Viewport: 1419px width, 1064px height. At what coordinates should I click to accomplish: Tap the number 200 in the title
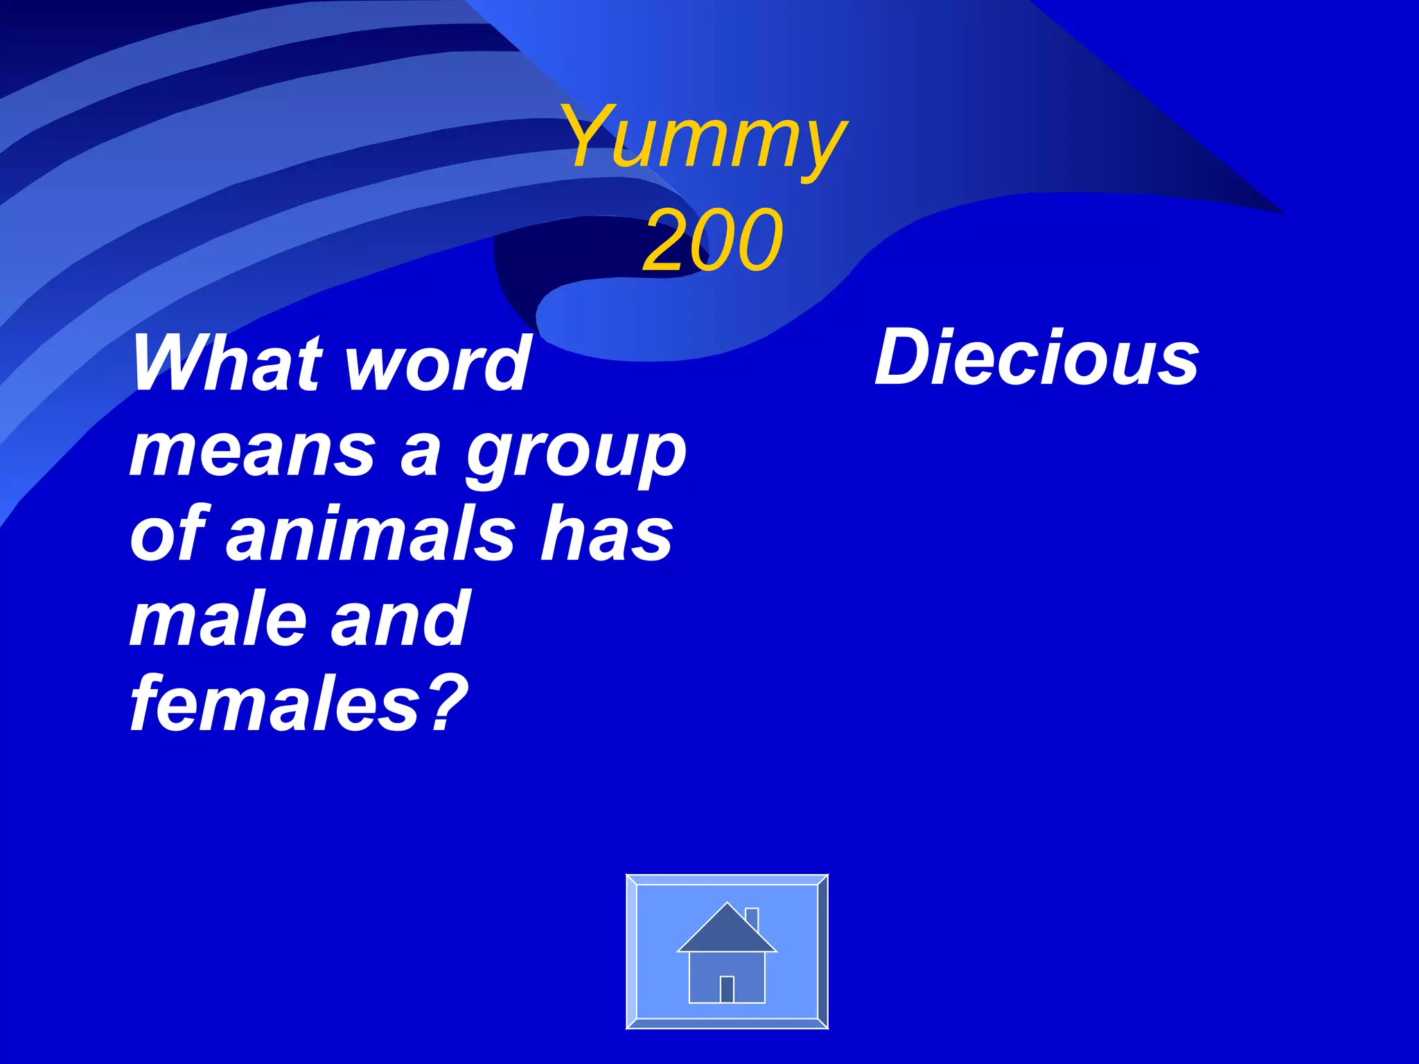pos(713,240)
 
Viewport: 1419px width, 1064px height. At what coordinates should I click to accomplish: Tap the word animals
pos(371,534)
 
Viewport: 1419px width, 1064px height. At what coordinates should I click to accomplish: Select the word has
pos(607,534)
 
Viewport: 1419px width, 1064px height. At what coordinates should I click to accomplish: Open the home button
pos(727,951)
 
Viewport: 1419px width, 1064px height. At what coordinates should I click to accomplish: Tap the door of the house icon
pos(727,988)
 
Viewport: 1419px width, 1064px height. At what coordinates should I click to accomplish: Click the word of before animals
pos(169,534)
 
